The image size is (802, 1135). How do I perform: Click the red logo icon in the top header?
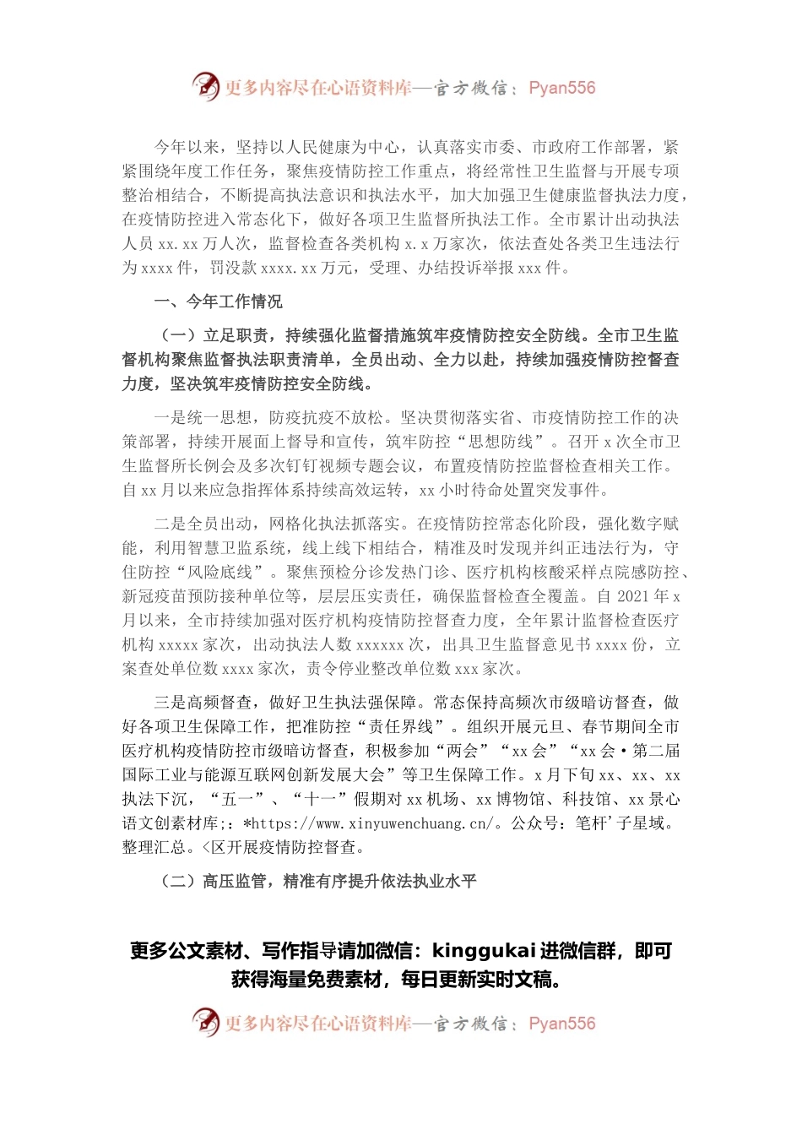coord(206,86)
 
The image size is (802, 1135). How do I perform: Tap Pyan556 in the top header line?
coord(561,88)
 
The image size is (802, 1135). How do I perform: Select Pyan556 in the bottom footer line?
coord(561,1024)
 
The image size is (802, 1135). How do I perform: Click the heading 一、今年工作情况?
coord(218,301)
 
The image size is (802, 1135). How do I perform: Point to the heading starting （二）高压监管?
coord(318,882)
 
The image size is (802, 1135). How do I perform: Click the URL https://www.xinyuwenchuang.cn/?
coord(371,823)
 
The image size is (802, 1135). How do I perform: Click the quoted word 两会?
coord(462,751)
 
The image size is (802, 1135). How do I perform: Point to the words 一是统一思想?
coord(203,418)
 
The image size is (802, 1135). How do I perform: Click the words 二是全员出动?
coord(203,524)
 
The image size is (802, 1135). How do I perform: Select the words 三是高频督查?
coord(203,703)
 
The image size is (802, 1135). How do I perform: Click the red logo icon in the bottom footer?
coord(206,1022)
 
